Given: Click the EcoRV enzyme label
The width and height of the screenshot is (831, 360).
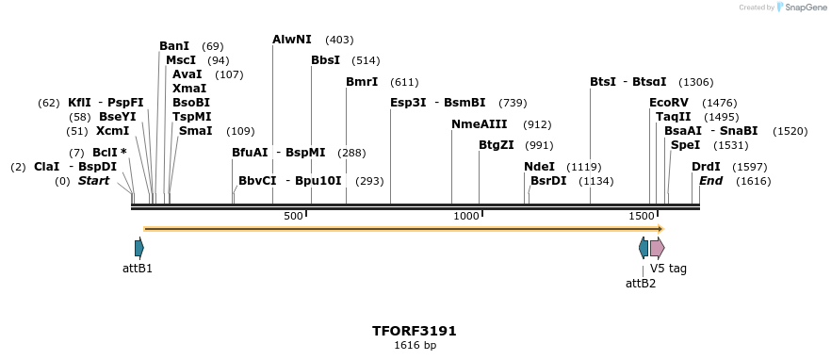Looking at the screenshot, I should (668, 103).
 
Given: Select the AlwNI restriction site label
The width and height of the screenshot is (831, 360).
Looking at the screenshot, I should (291, 40).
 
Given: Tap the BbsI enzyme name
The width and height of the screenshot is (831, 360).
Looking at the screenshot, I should (325, 60).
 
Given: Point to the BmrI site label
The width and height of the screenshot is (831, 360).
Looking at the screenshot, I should (361, 82).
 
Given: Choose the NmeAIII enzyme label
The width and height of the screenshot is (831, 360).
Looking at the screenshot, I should (480, 124).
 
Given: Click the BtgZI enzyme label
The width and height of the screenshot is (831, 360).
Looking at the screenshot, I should (496, 145).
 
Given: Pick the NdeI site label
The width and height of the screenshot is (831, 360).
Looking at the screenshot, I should (539, 167).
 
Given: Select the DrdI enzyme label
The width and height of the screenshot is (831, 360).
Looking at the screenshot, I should (706, 167).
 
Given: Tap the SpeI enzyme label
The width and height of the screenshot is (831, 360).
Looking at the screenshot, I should (685, 145).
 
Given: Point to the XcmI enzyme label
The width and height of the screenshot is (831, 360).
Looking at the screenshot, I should (112, 131).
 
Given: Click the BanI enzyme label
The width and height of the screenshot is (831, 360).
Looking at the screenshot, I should (174, 46).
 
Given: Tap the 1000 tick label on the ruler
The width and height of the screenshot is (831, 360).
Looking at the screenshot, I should (466, 217).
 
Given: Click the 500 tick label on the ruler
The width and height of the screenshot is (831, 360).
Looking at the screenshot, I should (293, 217).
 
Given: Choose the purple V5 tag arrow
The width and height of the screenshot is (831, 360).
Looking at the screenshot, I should (657, 248).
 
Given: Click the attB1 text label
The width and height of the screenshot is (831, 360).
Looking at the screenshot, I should (138, 269).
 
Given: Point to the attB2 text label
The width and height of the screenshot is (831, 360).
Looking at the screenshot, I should (641, 283).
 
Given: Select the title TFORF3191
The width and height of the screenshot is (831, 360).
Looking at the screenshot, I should (415, 331).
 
